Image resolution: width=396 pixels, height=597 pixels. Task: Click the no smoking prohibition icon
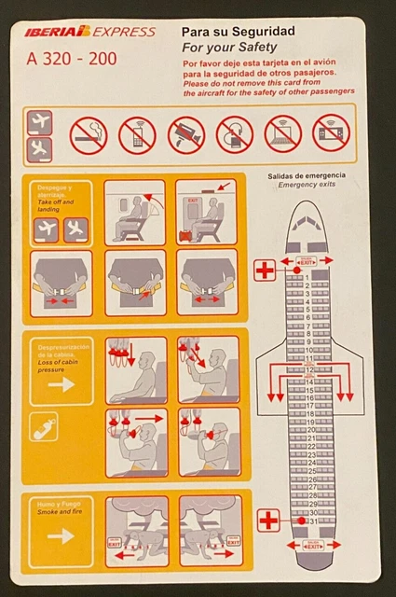(89, 134)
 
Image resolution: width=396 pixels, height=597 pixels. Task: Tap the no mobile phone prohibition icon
(137, 134)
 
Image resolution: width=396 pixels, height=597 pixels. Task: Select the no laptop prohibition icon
(282, 134)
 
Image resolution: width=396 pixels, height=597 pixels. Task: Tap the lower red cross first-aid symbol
(268, 519)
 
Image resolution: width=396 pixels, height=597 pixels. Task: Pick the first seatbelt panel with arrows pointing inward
(61, 281)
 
